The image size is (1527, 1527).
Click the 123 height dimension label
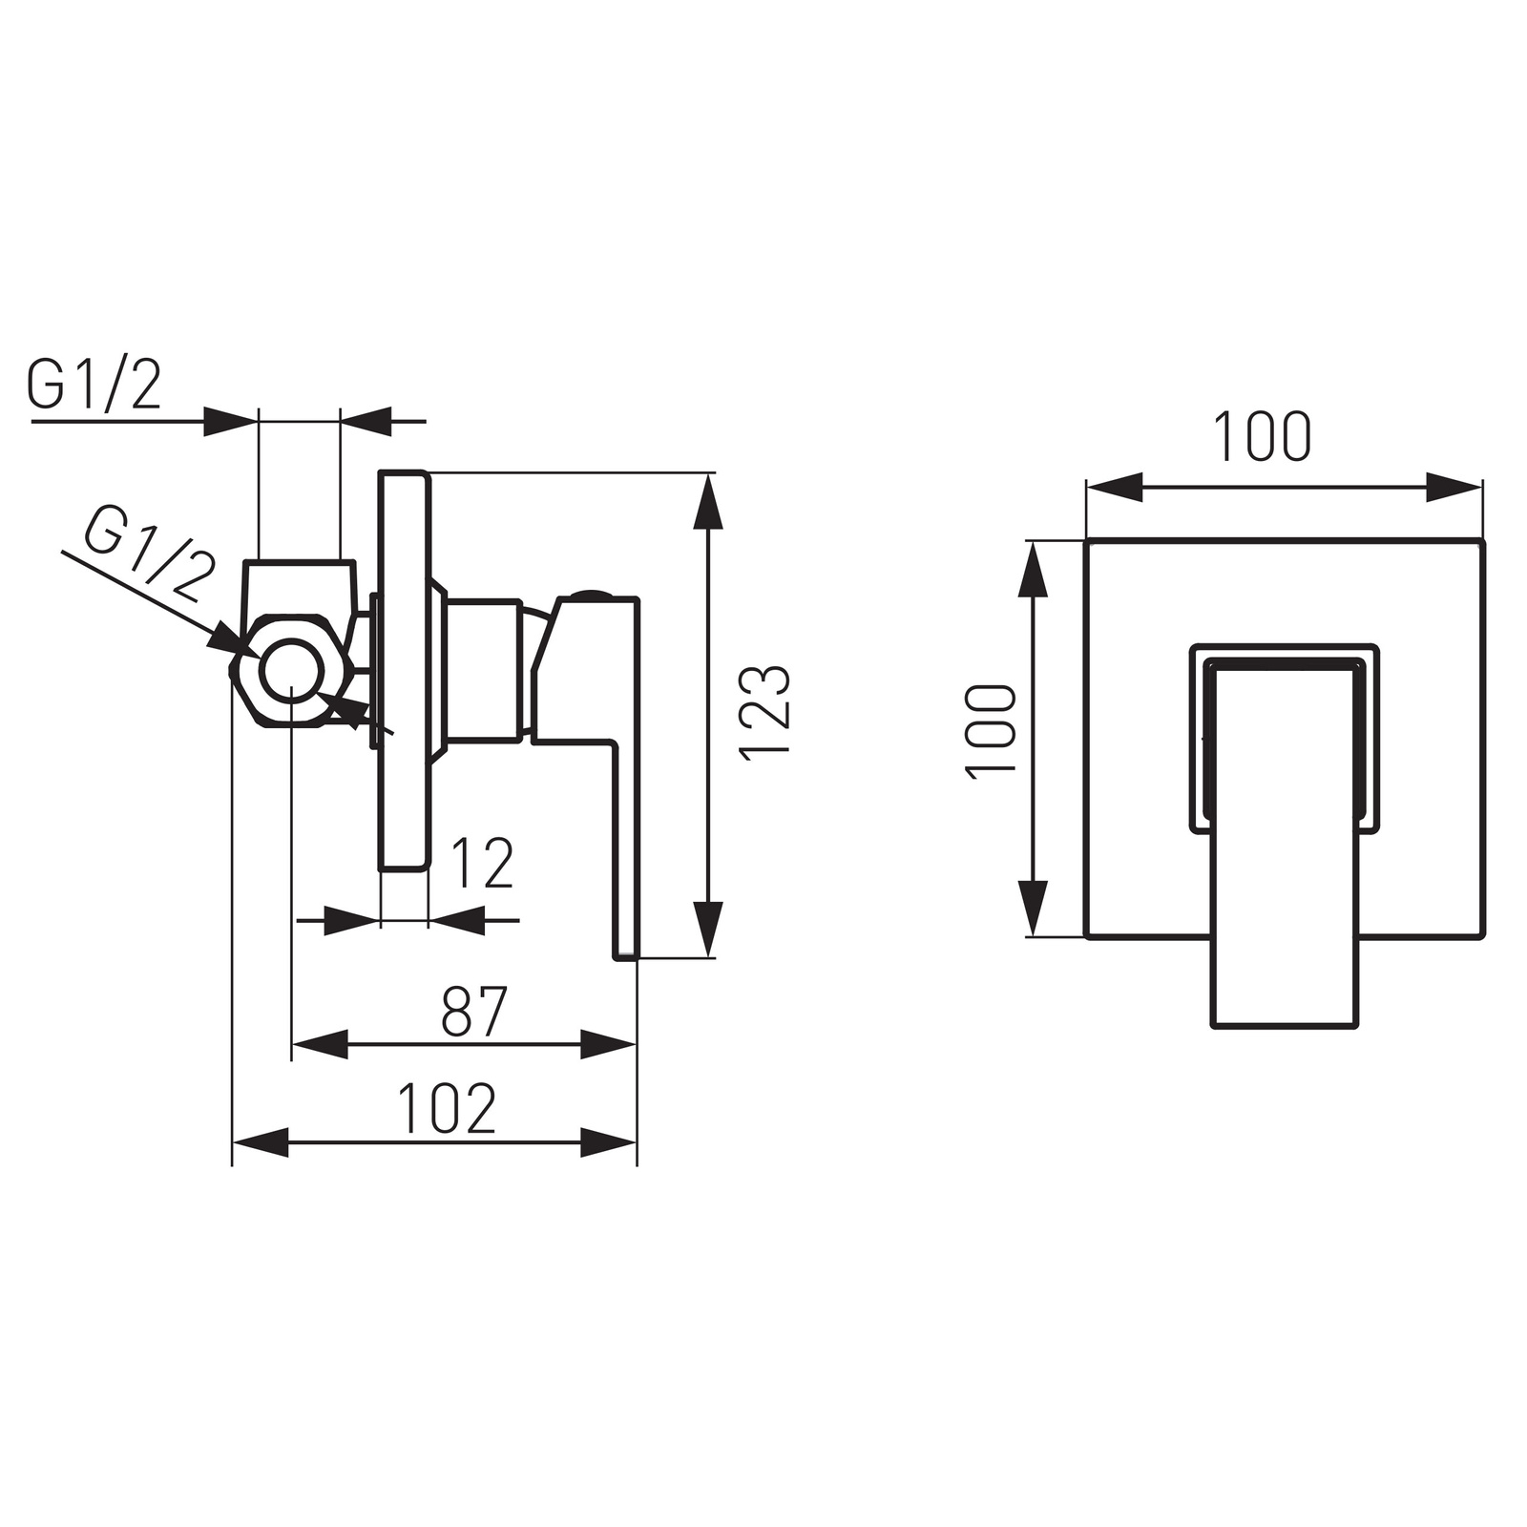(765, 710)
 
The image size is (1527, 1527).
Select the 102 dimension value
(447, 1108)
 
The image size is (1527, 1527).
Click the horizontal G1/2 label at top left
(94, 385)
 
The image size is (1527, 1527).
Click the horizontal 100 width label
(1263, 437)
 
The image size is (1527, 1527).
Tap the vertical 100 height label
(992, 732)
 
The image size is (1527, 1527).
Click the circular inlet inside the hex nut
(291, 670)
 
